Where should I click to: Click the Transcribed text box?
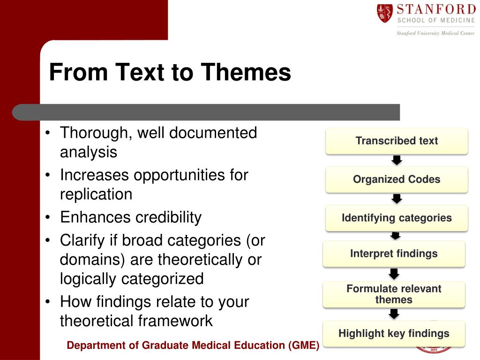click(x=397, y=141)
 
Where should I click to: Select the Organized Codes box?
click(x=397, y=180)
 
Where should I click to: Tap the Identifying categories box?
click(x=397, y=218)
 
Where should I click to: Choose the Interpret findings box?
click(x=394, y=254)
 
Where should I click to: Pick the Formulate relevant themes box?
click(x=394, y=294)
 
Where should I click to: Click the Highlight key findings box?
click(x=394, y=333)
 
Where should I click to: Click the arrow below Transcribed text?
click(x=397, y=160)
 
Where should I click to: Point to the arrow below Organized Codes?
click(x=397, y=199)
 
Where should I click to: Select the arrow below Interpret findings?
click(x=394, y=274)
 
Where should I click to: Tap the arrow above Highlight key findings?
click(x=394, y=314)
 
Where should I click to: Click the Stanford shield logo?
click(x=385, y=13)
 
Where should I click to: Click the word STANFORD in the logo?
click(x=436, y=9)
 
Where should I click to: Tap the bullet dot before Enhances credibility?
click(x=47, y=217)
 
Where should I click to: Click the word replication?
click(x=96, y=194)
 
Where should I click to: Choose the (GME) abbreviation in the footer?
click(x=303, y=345)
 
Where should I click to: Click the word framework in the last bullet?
click(x=175, y=321)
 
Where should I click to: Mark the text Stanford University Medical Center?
click(x=435, y=33)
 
